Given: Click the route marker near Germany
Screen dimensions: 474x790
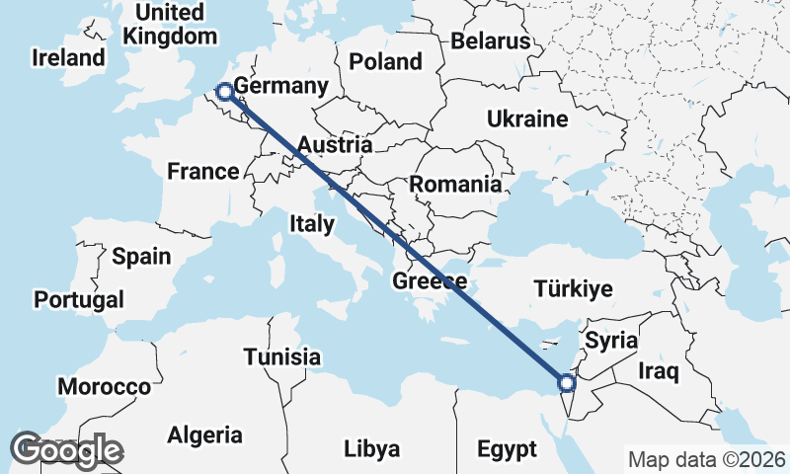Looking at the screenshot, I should [225, 92].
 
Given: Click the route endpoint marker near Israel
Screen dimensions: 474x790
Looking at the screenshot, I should [567, 383].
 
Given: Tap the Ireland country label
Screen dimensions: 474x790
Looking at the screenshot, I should [68, 57].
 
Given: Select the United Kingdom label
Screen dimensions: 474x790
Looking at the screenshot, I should [170, 25].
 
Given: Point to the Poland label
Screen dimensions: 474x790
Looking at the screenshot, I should [385, 61].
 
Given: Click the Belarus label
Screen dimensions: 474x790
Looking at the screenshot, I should [491, 40].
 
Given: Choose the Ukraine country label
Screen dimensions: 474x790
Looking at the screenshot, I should [527, 119].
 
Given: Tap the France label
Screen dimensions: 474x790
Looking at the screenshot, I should [202, 172].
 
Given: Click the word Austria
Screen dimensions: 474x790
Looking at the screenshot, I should [334, 145].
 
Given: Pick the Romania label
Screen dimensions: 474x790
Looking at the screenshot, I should [455, 184].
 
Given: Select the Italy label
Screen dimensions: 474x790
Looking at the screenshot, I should [312, 224].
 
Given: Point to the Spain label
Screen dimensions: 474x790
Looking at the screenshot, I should [141, 257].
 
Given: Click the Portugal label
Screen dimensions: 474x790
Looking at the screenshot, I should [79, 299].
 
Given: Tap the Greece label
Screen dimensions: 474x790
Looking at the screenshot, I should [430, 282].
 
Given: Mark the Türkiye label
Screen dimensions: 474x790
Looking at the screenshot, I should [573, 289].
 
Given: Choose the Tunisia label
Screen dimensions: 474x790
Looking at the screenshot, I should [282, 356].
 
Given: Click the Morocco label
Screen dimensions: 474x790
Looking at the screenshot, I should [104, 386].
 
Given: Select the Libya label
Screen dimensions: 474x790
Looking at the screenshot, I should [372, 449].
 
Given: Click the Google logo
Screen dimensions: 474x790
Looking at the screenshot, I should [66, 450].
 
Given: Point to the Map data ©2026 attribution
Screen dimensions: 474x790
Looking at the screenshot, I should [706, 459].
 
